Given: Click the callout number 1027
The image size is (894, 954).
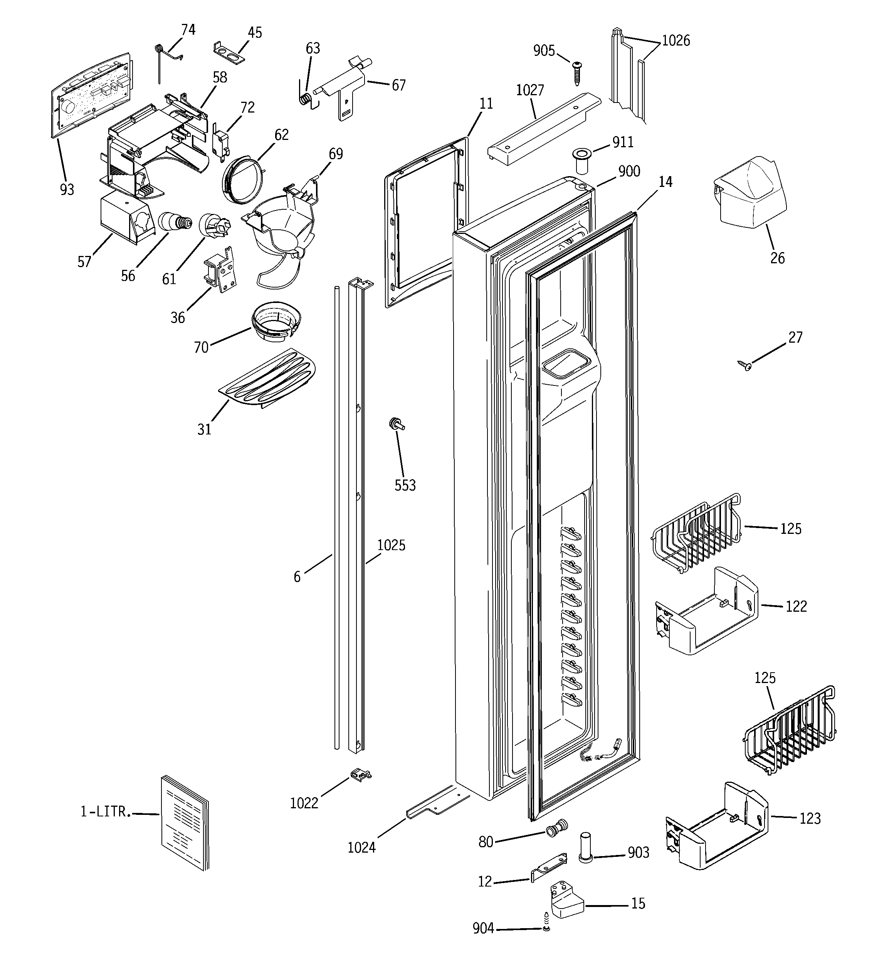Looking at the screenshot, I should coord(530,90).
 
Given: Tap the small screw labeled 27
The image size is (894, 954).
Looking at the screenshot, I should coord(745,367).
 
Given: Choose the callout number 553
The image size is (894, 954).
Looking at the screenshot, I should coord(405,485).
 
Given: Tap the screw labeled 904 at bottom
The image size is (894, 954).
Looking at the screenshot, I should coord(546,929).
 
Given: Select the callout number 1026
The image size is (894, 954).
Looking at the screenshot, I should coord(676,41).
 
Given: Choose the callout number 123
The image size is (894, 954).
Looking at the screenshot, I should coord(810,818).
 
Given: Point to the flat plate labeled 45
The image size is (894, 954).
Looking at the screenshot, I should coord(229,52).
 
